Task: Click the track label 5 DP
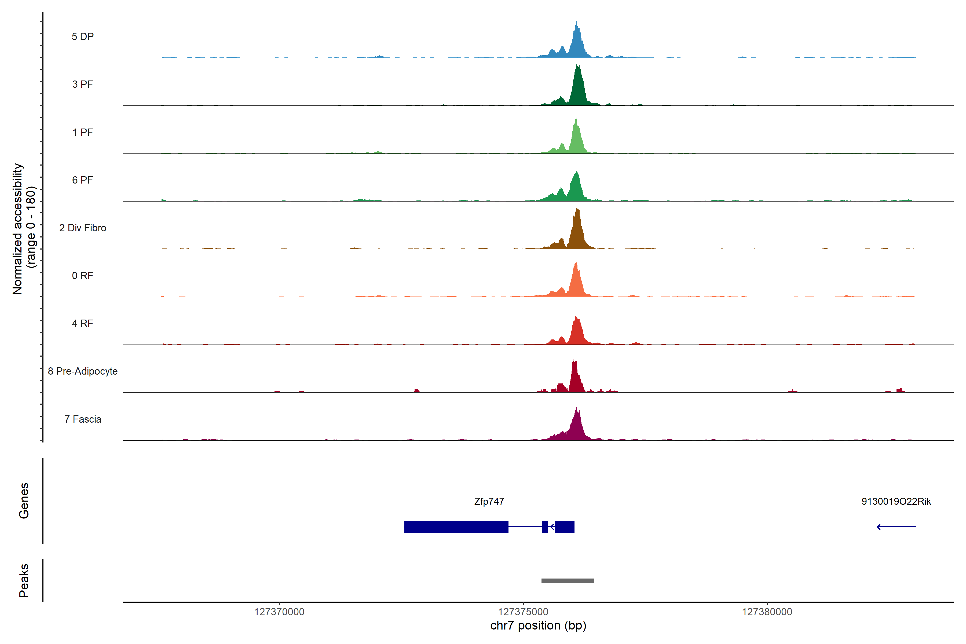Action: coord(83,36)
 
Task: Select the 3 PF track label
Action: coord(83,84)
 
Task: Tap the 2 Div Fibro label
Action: coord(83,228)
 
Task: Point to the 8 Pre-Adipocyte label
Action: coord(83,371)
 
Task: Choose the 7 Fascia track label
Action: coord(83,419)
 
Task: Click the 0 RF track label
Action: coord(83,276)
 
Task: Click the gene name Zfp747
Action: coord(489,502)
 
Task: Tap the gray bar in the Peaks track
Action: coord(567,581)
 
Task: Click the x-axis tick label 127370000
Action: coord(279,612)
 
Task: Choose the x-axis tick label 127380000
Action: coord(767,612)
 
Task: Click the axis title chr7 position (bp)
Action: coord(538,625)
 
